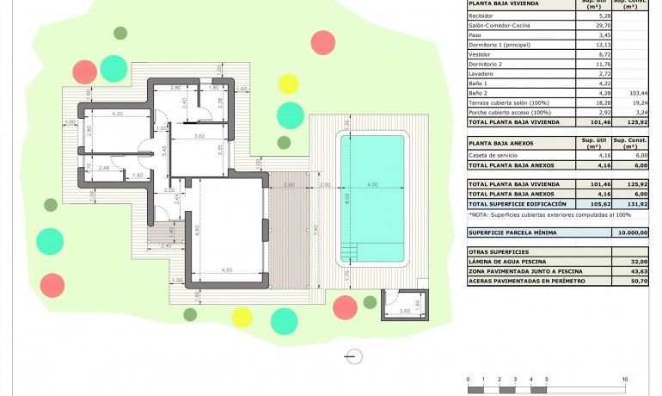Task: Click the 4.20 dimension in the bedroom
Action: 118,114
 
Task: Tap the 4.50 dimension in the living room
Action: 226,270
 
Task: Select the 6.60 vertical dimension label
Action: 198,229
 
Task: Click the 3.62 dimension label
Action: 199,136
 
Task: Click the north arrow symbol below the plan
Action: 351,355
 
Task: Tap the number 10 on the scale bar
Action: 624,379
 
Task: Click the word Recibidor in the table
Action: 481,15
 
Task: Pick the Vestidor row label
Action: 481,54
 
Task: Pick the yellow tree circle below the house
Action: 242,317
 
